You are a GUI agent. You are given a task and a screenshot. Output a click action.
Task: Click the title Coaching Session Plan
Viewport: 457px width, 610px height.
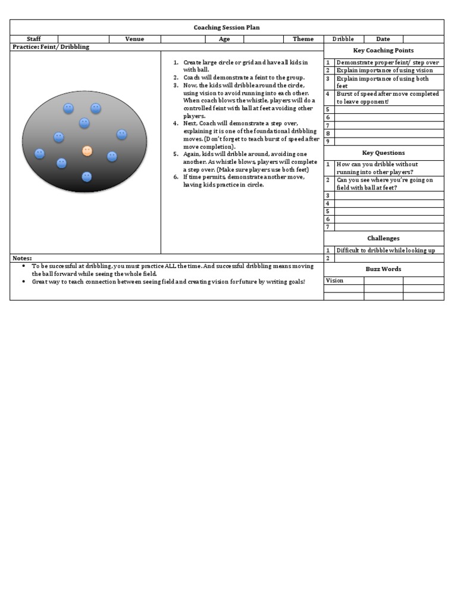[227, 27]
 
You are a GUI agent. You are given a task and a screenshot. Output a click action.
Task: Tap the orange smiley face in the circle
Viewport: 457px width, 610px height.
[87, 151]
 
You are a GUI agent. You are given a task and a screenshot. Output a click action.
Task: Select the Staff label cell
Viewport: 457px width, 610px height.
[34, 39]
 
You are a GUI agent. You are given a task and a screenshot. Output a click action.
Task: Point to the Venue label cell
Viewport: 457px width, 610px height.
[134, 39]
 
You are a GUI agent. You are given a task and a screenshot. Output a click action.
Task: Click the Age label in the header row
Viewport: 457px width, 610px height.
[224, 39]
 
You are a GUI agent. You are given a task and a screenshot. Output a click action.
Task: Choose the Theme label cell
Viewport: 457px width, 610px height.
[303, 39]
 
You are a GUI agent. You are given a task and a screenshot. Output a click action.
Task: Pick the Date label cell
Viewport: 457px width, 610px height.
[383, 39]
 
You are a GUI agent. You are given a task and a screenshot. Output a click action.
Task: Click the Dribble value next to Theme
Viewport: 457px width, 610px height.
[343, 39]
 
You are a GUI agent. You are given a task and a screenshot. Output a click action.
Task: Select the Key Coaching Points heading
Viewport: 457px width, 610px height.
[383, 51]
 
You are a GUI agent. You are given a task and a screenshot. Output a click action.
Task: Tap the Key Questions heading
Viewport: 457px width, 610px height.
[383, 153]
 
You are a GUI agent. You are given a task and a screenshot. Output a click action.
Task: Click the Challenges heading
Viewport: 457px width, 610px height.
[383, 238]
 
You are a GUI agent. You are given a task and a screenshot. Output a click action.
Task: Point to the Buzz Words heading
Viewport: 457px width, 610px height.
[383, 269]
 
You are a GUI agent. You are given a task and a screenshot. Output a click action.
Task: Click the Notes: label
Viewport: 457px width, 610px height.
[23, 258]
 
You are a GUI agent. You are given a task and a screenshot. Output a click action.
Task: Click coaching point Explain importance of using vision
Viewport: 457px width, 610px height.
[384, 70]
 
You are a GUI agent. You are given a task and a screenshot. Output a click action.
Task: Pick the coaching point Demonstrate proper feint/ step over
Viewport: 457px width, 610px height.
[387, 63]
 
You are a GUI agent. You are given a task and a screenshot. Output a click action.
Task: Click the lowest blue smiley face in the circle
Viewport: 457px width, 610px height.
[87, 177]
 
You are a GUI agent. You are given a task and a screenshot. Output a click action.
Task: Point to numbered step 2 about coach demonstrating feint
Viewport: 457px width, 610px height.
[243, 77]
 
